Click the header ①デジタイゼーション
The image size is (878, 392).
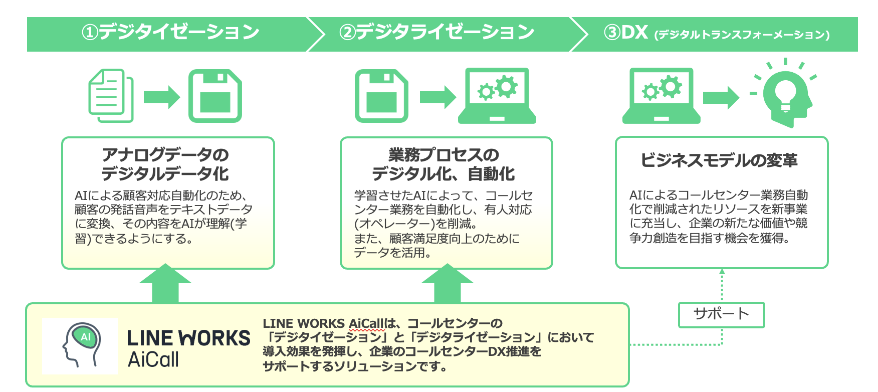(x=170, y=33)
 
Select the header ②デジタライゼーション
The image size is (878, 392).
(x=437, y=33)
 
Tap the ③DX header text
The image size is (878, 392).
(x=717, y=33)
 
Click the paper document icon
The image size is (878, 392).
(x=111, y=95)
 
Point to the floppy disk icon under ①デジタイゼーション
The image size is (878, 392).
(x=215, y=96)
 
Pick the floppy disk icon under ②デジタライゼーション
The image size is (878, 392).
(x=381, y=96)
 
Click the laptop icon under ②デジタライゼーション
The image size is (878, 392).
(x=497, y=96)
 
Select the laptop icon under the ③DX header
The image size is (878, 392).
(x=661, y=96)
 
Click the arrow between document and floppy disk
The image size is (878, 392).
(x=161, y=97)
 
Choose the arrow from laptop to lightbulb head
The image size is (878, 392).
(x=721, y=97)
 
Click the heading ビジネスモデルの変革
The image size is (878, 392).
(x=719, y=160)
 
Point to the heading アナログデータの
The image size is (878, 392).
(x=165, y=155)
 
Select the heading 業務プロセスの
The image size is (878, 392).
(x=444, y=155)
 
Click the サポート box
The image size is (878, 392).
(x=721, y=314)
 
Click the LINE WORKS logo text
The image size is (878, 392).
(x=188, y=338)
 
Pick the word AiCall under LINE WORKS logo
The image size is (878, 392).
(x=153, y=359)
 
